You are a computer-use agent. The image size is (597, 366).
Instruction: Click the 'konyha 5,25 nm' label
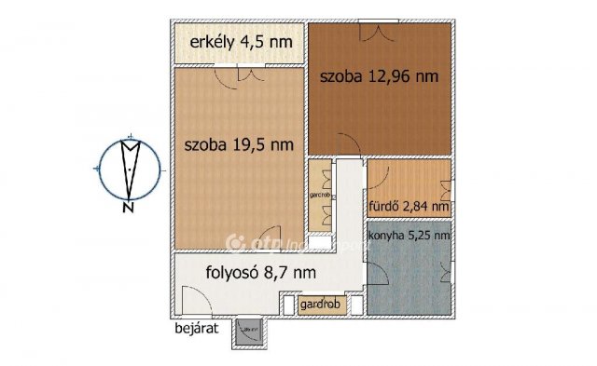410,236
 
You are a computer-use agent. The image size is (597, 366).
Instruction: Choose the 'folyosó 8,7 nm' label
260,273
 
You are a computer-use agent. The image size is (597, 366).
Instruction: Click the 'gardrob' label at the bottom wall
319,306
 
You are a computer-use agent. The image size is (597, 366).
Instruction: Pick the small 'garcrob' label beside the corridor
321,197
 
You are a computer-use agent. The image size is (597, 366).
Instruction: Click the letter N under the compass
126,208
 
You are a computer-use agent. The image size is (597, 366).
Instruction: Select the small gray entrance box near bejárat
250,331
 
